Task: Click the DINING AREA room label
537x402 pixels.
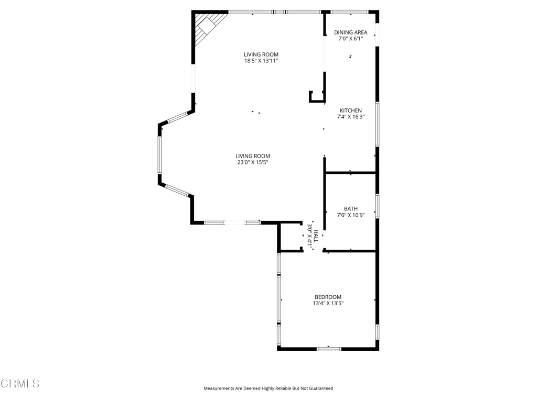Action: pyautogui.click(x=351, y=32)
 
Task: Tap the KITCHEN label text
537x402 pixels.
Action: pyautogui.click(x=351, y=110)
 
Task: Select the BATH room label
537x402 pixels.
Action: pyautogui.click(x=351, y=208)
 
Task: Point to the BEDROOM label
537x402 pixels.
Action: pyautogui.click(x=328, y=297)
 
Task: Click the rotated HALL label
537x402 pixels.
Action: pyautogui.click(x=316, y=236)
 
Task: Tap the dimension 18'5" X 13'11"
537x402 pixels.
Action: pyautogui.click(x=261, y=61)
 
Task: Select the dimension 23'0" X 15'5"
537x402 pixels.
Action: pyautogui.click(x=253, y=162)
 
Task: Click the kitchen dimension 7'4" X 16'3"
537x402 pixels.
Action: pyautogui.click(x=351, y=117)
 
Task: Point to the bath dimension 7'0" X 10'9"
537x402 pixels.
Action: pyautogui.click(x=351, y=215)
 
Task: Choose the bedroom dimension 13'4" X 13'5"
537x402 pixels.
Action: pyautogui.click(x=328, y=303)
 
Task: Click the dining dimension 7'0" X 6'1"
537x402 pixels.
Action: pyautogui.click(x=351, y=39)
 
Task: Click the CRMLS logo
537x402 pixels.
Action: pyautogui.click(x=20, y=383)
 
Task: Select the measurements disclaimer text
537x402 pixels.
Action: pyautogui.click(x=268, y=388)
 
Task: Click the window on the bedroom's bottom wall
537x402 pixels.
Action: pyautogui.click(x=329, y=349)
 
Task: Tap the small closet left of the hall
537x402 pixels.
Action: pyautogui.click(x=291, y=237)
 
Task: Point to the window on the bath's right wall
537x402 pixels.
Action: pyautogui.click(x=377, y=206)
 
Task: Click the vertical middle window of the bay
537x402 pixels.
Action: pyautogui.click(x=159, y=155)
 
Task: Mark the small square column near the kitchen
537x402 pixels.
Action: pyautogui.click(x=317, y=96)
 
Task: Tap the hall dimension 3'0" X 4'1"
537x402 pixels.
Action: pyautogui.click(x=309, y=236)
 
